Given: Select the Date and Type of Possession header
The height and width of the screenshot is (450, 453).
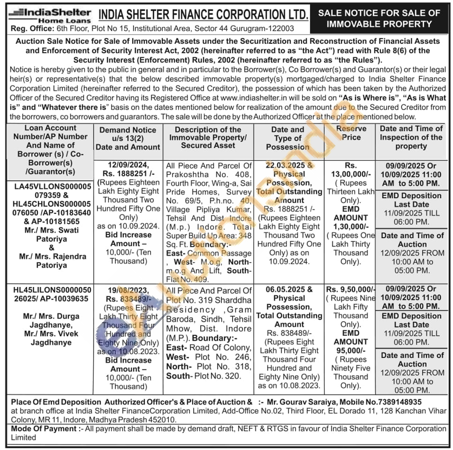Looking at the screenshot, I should [288, 138].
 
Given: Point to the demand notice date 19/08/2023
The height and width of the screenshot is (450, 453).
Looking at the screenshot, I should [128, 290].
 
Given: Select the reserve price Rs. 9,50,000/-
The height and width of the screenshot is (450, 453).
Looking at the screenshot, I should [351, 290].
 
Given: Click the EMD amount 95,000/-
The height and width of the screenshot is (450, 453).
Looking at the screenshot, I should [351, 350].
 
